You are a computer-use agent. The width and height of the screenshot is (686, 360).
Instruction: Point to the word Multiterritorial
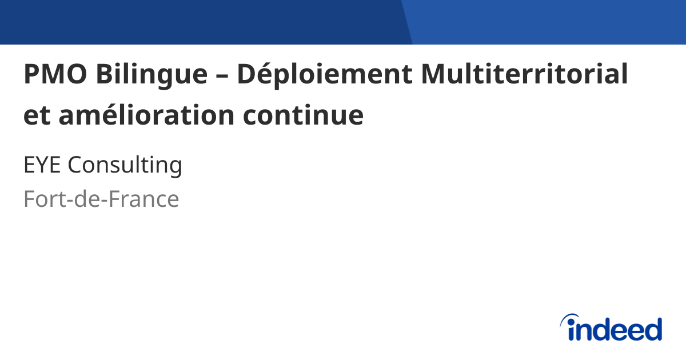tap(524, 75)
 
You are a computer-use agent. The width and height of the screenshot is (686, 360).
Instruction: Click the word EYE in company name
tap(43, 166)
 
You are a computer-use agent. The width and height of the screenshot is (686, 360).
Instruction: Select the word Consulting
tap(125, 166)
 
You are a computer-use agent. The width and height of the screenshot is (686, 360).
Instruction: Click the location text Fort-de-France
tap(101, 199)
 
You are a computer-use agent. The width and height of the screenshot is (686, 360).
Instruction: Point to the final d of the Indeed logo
tap(652, 329)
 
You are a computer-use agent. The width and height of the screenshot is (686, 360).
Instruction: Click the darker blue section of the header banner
tap(200, 22)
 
